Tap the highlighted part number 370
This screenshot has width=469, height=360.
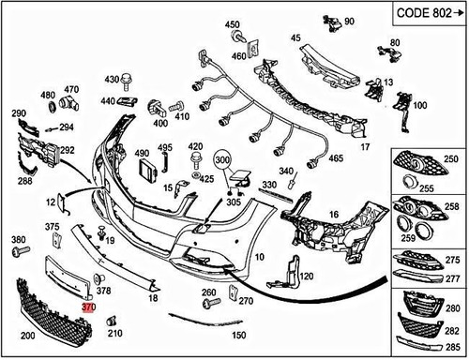pos(89,307)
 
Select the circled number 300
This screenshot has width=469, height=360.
pos(223,161)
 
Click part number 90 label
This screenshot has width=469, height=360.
pos(348,21)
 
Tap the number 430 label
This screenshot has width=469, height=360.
pos(113,79)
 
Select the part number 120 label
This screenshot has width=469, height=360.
pos(305,277)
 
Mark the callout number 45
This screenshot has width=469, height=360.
pos(295,38)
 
